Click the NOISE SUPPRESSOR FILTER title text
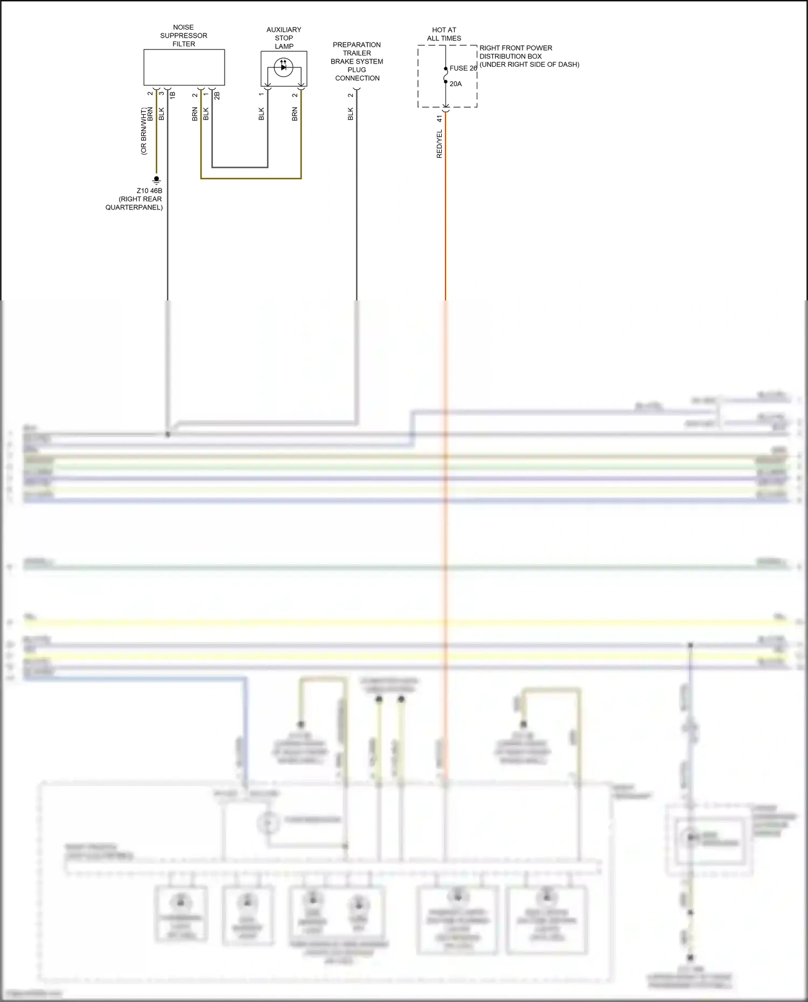[184, 36]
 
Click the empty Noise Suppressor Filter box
[184, 67]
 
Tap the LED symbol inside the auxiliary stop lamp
[283, 67]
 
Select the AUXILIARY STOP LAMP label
[284, 38]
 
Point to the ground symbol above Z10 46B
[156, 179]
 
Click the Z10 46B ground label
[149, 191]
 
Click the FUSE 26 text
[463, 68]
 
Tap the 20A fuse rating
[456, 84]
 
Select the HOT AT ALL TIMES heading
[444, 34]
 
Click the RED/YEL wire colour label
[439, 144]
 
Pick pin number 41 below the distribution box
[439, 118]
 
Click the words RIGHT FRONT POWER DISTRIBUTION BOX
[516, 52]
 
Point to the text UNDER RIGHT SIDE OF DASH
[530, 65]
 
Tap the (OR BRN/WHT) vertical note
[143, 131]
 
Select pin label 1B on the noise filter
[173, 95]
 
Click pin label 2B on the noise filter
[217, 95]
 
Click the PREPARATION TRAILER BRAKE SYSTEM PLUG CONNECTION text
[357, 61]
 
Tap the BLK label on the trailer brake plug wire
[351, 114]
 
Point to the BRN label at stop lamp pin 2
[295, 114]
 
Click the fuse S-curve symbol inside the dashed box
[445, 76]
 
